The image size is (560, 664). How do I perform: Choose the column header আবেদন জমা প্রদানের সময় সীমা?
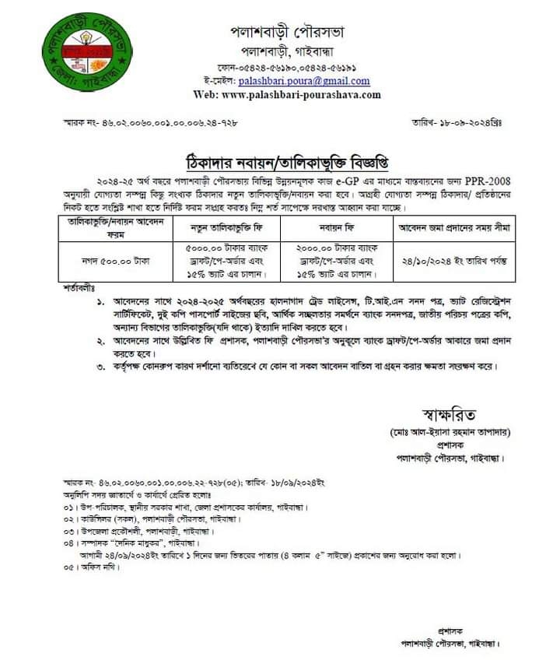click(x=454, y=229)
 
